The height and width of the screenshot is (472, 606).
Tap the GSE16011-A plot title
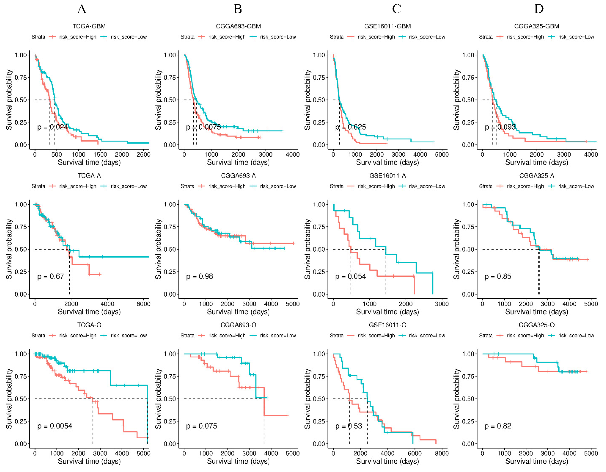(x=387, y=175)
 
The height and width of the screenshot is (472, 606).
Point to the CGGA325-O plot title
(x=537, y=325)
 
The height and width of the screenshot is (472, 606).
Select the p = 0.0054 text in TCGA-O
(x=55, y=426)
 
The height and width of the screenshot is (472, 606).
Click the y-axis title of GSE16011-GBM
(x=307, y=100)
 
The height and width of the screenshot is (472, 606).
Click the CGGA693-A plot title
(x=238, y=175)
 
